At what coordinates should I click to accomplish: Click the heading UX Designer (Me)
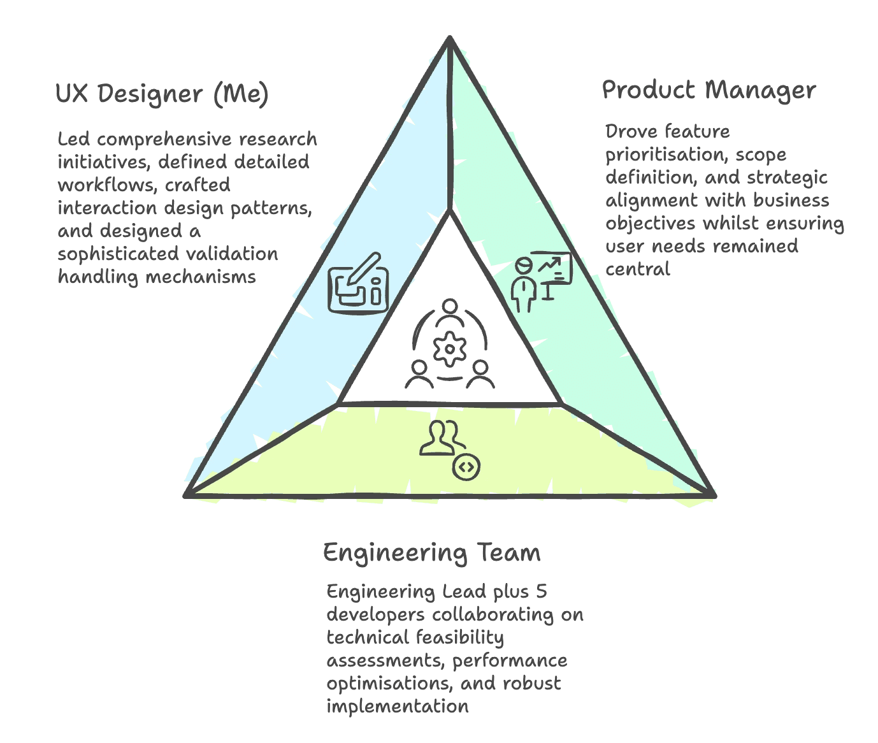pos(162,94)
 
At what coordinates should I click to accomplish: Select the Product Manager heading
pos(709,90)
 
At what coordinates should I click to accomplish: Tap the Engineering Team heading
pos(431,552)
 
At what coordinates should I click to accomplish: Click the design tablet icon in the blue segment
pos(358,286)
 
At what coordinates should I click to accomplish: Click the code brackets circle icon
pos(466,468)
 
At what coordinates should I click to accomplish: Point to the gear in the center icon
pos(450,349)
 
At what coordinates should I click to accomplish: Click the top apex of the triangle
pos(450,40)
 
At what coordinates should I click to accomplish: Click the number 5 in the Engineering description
pos(541,591)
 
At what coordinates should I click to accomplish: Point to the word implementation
pos(398,706)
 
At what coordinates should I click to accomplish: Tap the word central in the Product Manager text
pos(637,269)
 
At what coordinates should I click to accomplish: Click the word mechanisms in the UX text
pos(200,277)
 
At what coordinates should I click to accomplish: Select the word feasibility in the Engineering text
pos(459,637)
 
